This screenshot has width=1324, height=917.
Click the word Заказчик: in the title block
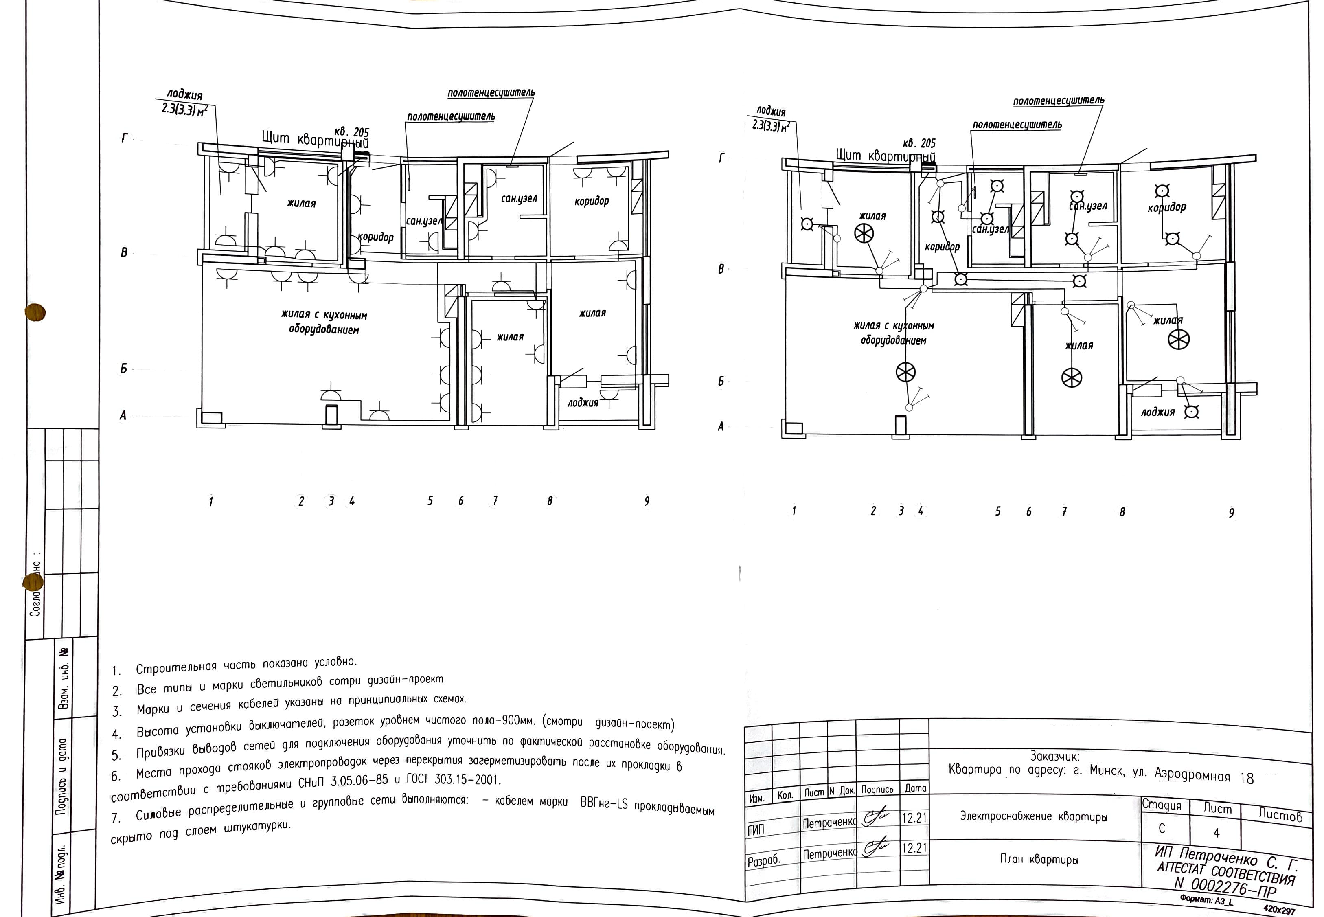1054,757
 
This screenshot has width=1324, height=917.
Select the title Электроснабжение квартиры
1033,816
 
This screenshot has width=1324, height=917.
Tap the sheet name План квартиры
1039,860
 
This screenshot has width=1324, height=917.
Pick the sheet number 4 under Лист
1216,833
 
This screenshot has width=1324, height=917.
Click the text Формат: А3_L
1206,900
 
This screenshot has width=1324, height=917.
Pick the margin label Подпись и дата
62,776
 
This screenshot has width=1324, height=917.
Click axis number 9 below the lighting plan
1231,513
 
